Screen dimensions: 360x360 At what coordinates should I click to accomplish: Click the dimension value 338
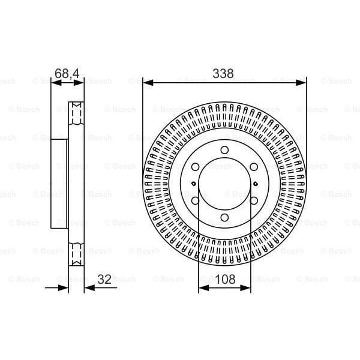pos(224,74)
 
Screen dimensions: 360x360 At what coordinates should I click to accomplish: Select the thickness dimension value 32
pos(104,278)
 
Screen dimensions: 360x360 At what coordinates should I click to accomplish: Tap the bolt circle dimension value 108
pos(224,278)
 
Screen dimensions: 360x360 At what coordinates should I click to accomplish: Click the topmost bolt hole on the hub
pos(224,150)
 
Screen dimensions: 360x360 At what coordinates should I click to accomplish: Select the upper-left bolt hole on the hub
pos(196,167)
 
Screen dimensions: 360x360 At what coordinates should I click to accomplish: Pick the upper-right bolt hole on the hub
pos(253,167)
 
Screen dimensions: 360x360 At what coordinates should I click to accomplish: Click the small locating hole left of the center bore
pos(192,184)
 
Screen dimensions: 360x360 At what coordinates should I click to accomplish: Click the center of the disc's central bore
pos(224,184)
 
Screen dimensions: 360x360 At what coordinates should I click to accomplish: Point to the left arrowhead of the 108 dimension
pos(202,287)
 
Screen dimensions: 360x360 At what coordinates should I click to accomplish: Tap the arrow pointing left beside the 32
pos(89,287)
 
